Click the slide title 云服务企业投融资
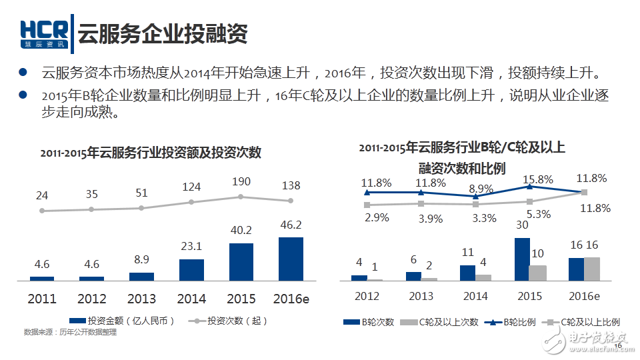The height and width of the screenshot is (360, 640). (x=163, y=33)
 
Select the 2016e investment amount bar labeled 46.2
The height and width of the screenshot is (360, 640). (x=291, y=259)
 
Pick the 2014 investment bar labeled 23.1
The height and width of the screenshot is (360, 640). (x=191, y=269)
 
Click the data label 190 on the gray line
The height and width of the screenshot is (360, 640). (x=241, y=182)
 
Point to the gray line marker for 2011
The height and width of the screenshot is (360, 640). (x=42, y=211)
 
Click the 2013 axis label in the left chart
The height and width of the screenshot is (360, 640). (x=141, y=299)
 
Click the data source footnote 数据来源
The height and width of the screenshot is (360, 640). (x=70, y=332)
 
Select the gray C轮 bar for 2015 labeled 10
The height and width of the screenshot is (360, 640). (x=537, y=273)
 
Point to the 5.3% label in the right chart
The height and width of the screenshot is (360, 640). (x=538, y=214)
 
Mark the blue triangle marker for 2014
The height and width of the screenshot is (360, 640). (x=475, y=196)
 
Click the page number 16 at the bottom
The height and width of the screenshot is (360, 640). (x=617, y=345)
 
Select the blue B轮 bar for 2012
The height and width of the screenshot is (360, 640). (x=359, y=277)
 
